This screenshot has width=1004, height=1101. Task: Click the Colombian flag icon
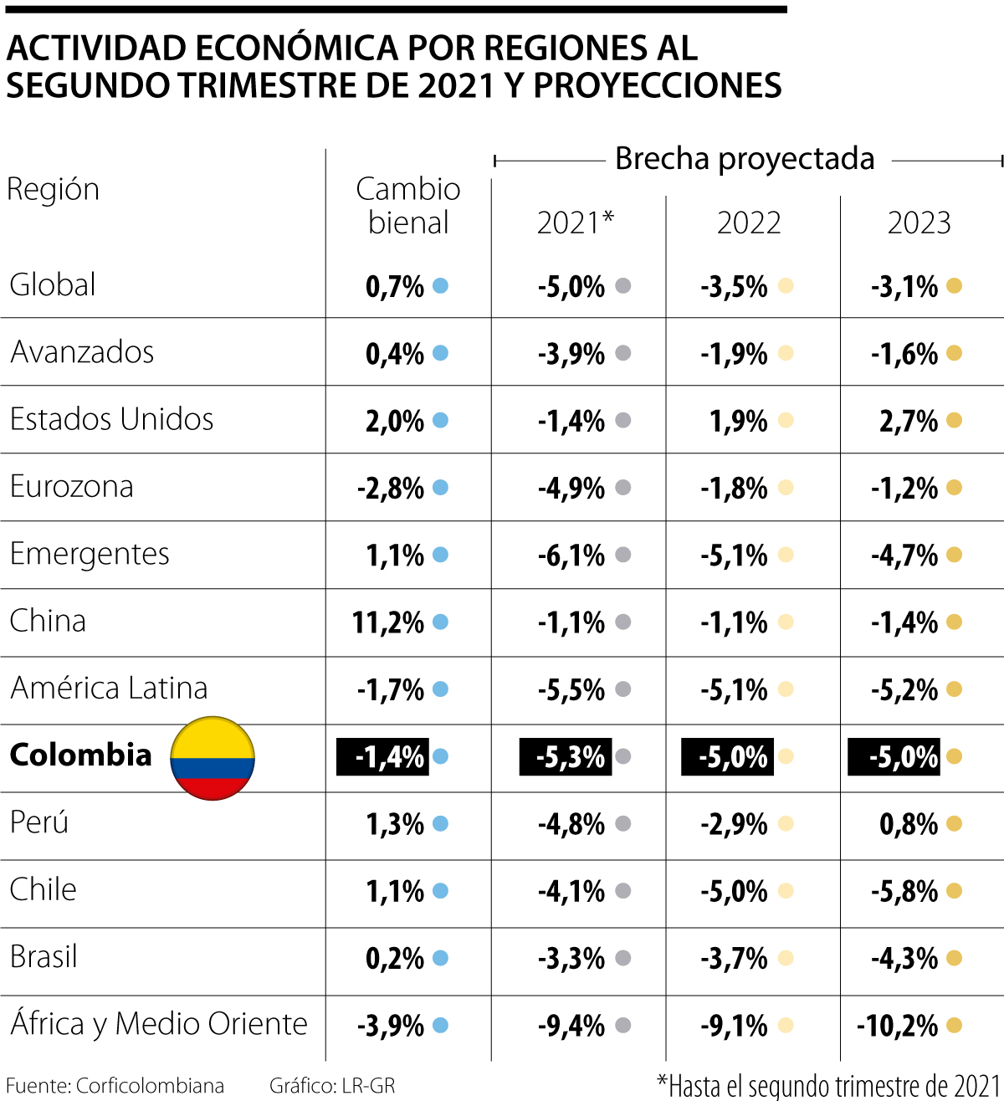[x=213, y=758]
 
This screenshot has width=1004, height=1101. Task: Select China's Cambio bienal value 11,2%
[x=388, y=623]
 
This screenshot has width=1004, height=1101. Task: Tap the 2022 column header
[x=749, y=223]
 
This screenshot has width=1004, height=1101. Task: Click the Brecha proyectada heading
[x=745, y=159]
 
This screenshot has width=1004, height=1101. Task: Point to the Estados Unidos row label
[x=111, y=419]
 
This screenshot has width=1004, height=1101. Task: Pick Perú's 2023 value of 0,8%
[x=909, y=824]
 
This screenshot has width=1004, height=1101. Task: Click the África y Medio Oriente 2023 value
[x=898, y=1026]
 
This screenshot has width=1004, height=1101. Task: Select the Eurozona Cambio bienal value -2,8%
[x=390, y=489]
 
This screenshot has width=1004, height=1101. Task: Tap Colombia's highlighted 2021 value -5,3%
[x=566, y=757]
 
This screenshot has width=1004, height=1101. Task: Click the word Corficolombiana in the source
[x=150, y=1086]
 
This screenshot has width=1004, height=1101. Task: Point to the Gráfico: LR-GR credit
[x=332, y=1086]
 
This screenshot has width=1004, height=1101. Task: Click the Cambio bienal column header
[x=407, y=206]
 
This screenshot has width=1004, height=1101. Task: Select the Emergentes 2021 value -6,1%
[x=571, y=556]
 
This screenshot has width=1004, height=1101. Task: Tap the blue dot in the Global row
[x=440, y=286]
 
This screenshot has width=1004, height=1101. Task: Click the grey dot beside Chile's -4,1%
[x=623, y=891]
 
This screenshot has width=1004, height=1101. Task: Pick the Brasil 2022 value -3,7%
[x=734, y=959]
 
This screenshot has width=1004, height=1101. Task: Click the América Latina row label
[x=109, y=689]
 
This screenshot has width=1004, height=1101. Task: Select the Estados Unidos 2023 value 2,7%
[x=909, y=422]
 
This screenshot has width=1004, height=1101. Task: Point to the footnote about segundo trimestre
[x=829, y=1086]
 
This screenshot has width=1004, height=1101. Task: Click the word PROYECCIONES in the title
[x=657, y=85]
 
